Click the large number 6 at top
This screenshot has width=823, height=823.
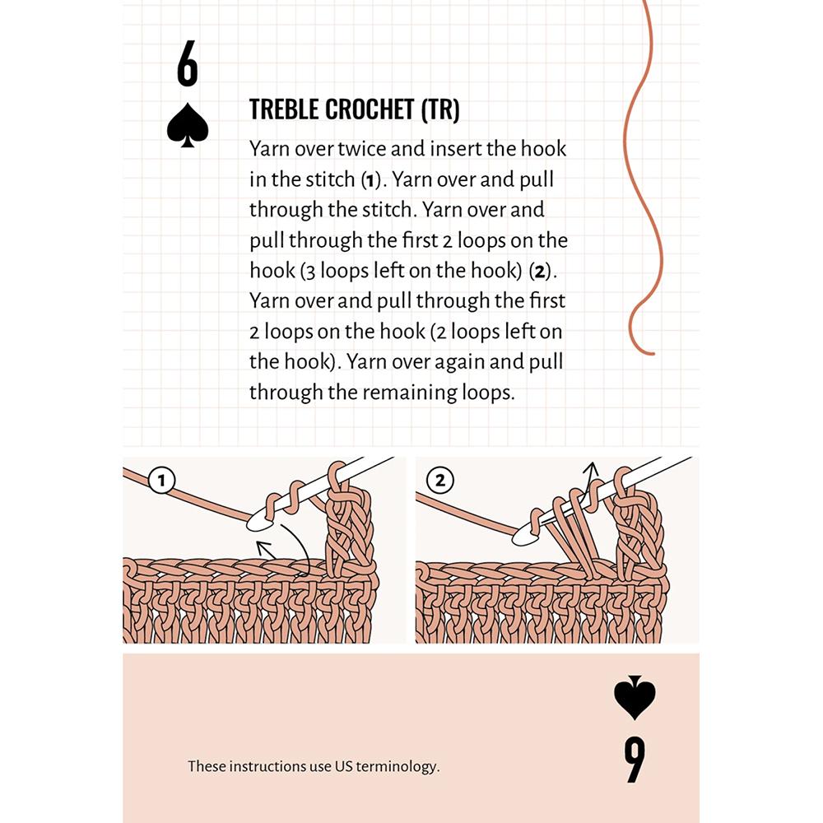tap(188, 63)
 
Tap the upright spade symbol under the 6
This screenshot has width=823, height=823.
tap(188, 125)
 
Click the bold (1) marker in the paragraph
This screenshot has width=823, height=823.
tap(370, 180)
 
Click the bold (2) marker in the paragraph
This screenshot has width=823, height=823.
tap(540, 272)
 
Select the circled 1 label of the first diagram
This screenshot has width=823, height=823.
tap(161, 481)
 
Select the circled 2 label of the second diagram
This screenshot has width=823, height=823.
tap(439, 481)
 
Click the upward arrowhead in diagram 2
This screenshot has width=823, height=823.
tap(592, 467)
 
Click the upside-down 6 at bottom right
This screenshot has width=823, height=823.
tap(635, 760)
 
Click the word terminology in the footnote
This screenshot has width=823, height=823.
tap(398, 767)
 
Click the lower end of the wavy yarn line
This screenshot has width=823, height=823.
tap(653, 354)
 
